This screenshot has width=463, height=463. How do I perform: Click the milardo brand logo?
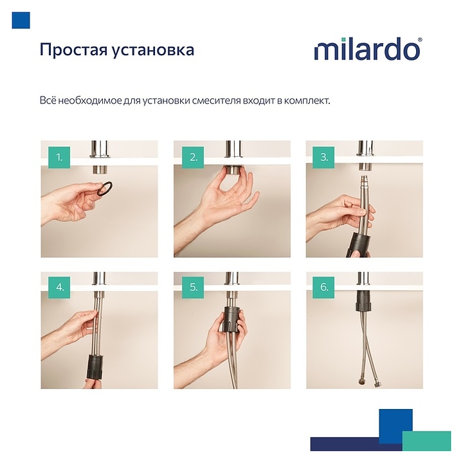tap(368, 50)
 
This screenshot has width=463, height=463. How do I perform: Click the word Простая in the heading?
tap(73, 50)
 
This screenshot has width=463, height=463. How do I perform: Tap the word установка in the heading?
tap(152, 50)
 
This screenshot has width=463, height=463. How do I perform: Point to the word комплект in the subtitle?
tap(307, 101)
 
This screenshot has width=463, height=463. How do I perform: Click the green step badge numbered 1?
tap(59, 158)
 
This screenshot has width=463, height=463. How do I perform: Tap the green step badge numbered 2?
tap(193, 158)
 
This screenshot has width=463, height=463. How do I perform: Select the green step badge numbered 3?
tap(324, 158)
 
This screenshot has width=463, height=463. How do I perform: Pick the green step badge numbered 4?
tap(59, 287)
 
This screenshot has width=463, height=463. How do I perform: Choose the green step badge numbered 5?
tap(193, 287)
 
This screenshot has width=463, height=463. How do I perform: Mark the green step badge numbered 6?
tap(324, 287)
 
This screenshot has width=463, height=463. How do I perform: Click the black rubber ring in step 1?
tap(105, 188)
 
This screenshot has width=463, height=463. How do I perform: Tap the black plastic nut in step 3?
tap(358, 244)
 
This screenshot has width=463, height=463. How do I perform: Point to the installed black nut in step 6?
tap(363, 301)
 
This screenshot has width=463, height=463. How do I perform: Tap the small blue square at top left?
tap(21, 21)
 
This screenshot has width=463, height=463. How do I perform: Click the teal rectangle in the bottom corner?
tap(427, 441)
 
